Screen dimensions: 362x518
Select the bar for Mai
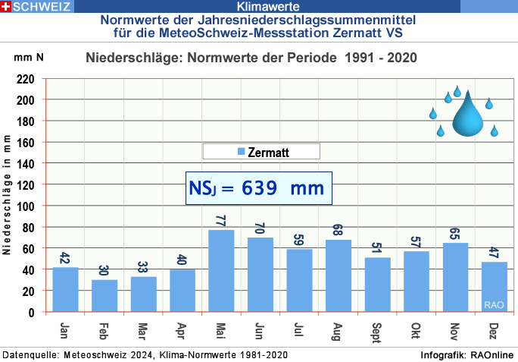pos(221,270)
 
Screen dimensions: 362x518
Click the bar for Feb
pos(105,295)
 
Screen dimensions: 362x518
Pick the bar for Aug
pos(339,275)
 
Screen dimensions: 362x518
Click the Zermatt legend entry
pos(261,152)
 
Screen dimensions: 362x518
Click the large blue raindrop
pos(467,115)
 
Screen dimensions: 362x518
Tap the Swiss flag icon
pos(6,7)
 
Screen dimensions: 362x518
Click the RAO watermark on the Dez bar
pos(494,305)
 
